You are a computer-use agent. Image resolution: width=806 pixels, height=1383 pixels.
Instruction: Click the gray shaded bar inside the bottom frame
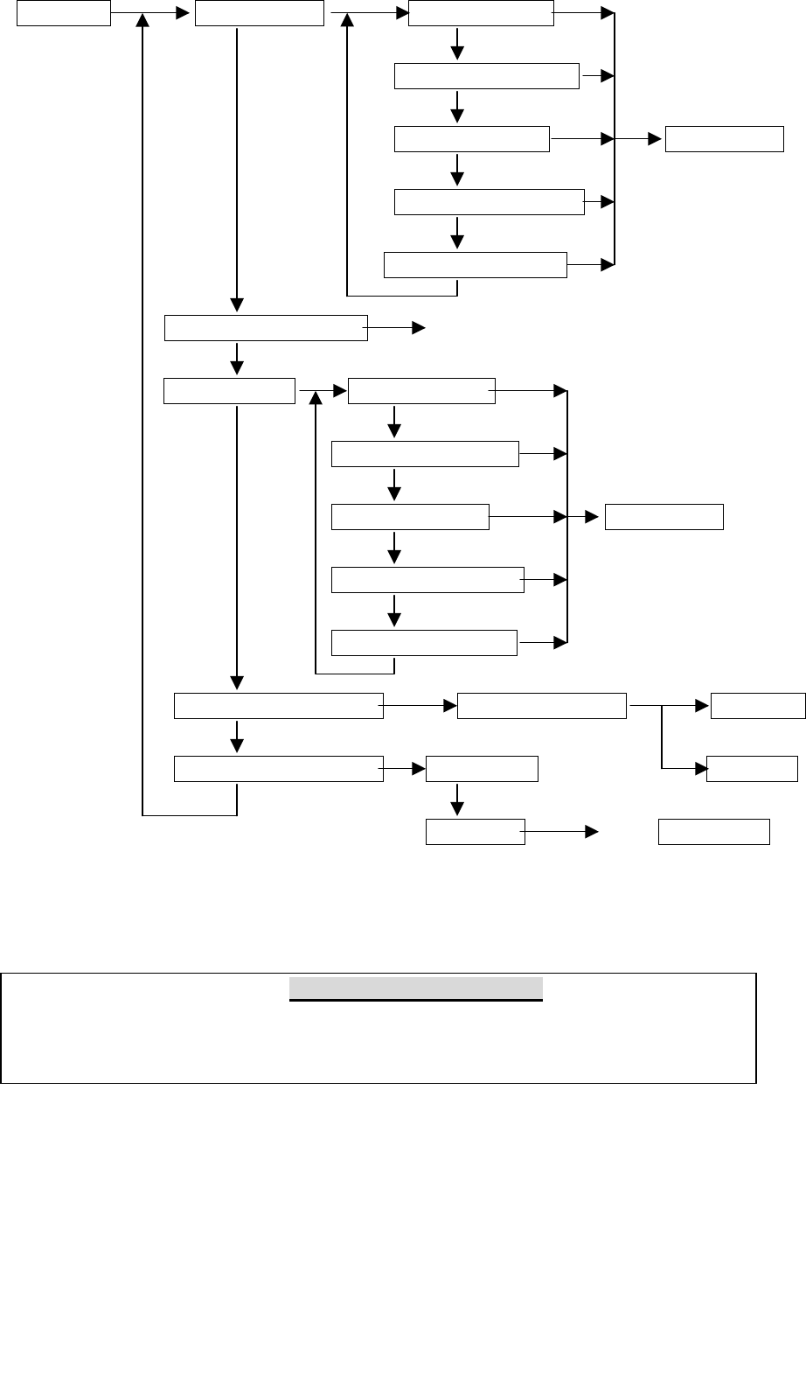tap(416, 988)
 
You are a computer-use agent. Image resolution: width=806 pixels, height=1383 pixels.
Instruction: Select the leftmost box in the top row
tap(64, 13)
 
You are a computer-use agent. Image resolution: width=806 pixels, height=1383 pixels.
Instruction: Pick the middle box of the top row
tap(259, 13)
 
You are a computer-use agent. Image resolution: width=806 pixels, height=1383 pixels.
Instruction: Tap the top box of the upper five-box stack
tap(481, 13)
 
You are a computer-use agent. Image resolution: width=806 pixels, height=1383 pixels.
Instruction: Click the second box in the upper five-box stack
tap(487, 76)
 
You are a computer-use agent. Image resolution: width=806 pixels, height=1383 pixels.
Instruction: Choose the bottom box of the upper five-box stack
tap(476, 264)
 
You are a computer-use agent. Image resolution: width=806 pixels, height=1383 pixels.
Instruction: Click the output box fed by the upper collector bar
tap(724, 139)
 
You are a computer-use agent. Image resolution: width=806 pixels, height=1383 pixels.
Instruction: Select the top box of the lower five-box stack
tap(421, 391)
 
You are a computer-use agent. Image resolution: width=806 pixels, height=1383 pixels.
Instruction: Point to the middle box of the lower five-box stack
tap(410, 517)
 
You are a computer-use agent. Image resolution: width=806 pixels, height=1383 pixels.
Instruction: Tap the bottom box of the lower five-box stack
tap(424, 643)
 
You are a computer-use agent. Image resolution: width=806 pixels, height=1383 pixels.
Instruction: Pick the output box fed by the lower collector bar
tap(664, 517)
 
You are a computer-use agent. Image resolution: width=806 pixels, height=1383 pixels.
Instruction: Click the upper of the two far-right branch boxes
tap(758, 706)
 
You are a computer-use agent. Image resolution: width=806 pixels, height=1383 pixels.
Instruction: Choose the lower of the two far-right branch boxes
tap(752, 769)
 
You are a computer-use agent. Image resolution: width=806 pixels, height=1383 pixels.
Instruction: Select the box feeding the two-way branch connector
tap(542, 706)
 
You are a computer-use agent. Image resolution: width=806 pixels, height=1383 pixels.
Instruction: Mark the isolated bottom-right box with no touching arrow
tap(713, 832)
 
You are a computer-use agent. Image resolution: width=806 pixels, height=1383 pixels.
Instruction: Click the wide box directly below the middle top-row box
tap(266, 328)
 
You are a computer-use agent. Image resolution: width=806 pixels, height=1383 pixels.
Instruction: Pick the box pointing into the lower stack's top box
tap(229, 391)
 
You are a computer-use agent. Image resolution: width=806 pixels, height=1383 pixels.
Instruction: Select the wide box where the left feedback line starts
tap(278, 769)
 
